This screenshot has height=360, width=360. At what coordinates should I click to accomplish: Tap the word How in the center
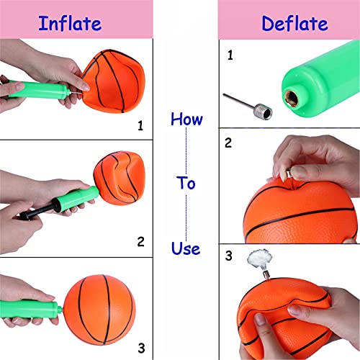(186, 118)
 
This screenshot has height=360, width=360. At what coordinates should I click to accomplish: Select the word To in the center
(186, 183)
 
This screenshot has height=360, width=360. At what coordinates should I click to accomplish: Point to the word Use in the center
(186, 248)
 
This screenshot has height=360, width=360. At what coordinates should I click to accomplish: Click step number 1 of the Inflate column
(140, 125)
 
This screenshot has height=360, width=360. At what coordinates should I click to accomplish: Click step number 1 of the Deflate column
(230, 55)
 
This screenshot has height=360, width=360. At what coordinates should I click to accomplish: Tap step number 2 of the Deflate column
(229, 143)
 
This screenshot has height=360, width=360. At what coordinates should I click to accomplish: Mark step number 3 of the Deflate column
(230, 255)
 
